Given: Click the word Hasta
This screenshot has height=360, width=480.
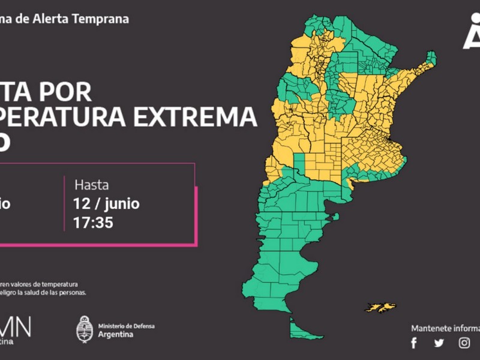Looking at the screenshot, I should [x=91, y=185].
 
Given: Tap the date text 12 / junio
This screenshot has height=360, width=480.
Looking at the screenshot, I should [x=107, y=204].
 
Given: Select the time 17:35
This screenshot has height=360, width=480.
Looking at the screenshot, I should [x=93, y=223].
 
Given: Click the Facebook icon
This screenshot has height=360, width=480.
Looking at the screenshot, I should [x=413, y=343].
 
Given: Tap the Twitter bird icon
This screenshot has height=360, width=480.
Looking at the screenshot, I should [x=439, y=343].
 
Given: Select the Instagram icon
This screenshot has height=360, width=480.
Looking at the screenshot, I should [x=464, y=343].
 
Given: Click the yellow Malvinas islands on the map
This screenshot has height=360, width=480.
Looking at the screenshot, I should [x=381, y=307].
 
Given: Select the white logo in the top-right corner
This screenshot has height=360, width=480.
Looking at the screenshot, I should [x=472, y=33].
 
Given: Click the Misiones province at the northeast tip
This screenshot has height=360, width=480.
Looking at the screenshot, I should [x=430, y=60].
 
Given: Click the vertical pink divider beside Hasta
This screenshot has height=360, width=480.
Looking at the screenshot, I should [x=64, y=204].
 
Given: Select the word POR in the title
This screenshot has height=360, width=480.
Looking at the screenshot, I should [x=71, y=92].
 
